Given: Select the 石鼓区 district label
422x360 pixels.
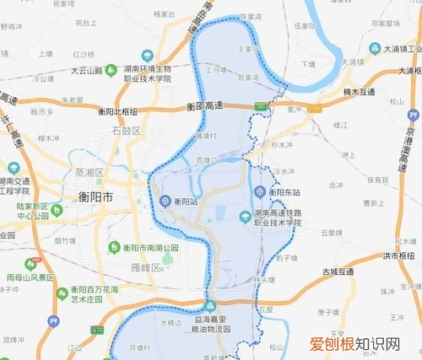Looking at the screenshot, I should coord(128,131).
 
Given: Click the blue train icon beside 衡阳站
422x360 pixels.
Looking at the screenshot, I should coord(165,201).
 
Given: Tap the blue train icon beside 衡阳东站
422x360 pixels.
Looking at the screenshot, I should coord(262,191).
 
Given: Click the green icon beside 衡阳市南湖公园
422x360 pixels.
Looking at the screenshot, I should coord(115,247).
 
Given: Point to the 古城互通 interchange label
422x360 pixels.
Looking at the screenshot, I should coord(327,271).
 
